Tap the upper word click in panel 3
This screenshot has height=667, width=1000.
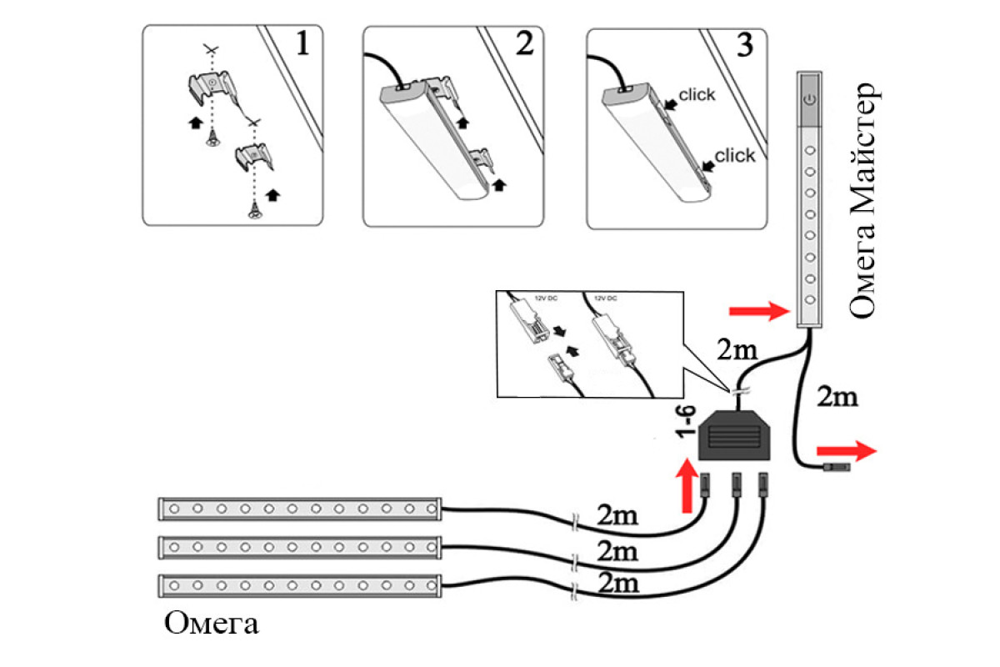(x=697, y=95)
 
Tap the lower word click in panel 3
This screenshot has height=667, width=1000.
(x=735, y=155)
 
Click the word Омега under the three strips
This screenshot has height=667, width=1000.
(x=212, y=624)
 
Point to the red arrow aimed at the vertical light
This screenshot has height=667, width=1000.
(x=759, y=312)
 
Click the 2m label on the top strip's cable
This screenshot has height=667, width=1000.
(x=617, y=515)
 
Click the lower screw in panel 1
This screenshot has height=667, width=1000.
(x=253, y=213)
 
